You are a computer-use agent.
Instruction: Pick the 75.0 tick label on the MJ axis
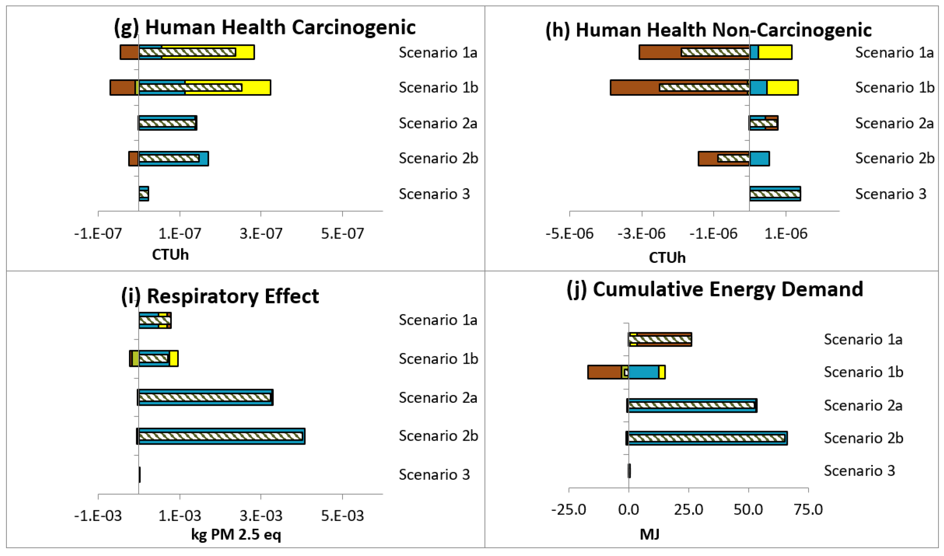(x=808, y=510)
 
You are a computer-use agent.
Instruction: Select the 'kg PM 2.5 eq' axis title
(x=236, y=534)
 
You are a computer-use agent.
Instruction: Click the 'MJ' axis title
(x=649, y=534)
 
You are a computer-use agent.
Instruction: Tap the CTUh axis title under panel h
(x=667, y=258)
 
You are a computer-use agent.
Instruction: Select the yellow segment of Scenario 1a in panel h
(x=775, y=52)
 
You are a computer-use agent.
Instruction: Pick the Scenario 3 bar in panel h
(x=775, y=194)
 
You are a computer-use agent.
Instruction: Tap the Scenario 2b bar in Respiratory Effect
(x=221, y=436)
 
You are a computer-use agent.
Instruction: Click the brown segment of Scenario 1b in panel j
(x=604, y=372)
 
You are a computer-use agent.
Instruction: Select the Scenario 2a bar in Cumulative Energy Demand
(x=693, y=405)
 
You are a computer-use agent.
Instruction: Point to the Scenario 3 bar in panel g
(x=144, y=194)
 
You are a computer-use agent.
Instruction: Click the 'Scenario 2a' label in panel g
(x=438, y=123)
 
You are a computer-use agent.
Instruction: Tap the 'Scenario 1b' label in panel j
(x=863, y=372)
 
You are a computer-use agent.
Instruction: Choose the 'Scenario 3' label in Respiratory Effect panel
(x=434, y=475)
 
